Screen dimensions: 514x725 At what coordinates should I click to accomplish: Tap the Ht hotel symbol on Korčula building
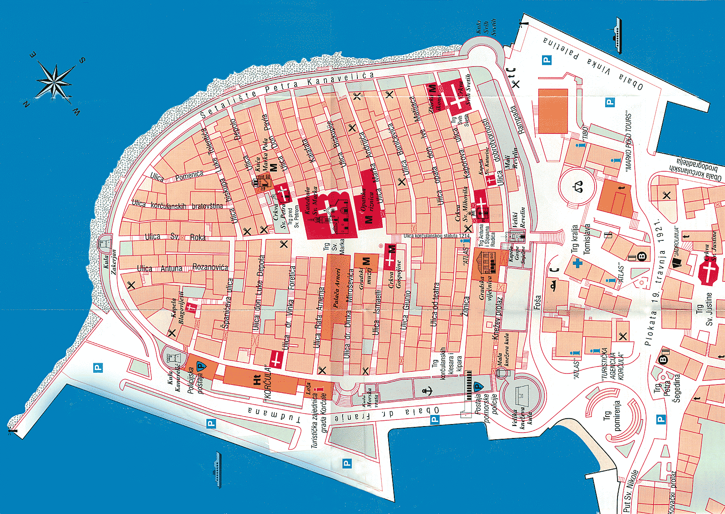(x=257, y=380)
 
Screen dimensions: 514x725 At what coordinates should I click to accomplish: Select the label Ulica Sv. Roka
(x=175, y=237)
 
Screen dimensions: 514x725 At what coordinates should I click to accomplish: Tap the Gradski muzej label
(x=365, y=279)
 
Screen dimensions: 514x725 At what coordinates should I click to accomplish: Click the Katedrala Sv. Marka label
(x=311, y=204)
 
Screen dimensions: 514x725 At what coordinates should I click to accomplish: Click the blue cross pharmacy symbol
(x=578, y=263)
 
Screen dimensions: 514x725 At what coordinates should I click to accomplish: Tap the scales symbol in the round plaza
(x=579, y=187)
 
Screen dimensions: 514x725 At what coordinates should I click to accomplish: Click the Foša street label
(x=537, y=302)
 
